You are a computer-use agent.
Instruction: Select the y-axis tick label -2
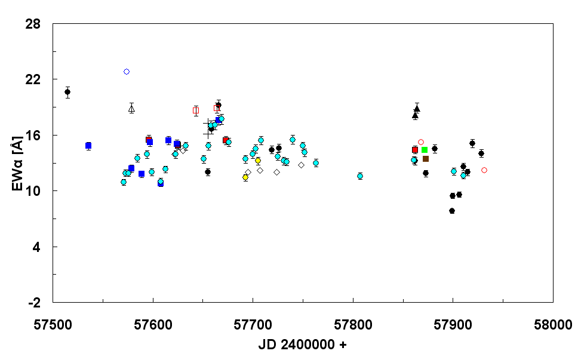[x=35, y=302]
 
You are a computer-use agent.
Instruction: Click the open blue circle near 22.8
[x=127, y=72]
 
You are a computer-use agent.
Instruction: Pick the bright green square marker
[x=425, y=150]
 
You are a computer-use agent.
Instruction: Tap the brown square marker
[x=426, y=159]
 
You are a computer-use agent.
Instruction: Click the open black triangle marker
[x=132, y=109]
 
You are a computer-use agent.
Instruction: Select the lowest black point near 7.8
[x=452, y=211]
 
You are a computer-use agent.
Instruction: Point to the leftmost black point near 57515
[x=67, y=92]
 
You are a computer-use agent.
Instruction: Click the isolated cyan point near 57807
[x=360, y=176]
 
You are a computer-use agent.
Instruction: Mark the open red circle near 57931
[x=484, y=170]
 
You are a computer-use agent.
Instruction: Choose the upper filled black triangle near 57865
[x=417, y=109]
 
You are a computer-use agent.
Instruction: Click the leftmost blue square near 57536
[x=88, y=146]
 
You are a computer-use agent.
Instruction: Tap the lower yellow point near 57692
[x=245, y=177]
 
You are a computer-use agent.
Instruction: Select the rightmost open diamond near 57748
[x=301, y=165]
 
